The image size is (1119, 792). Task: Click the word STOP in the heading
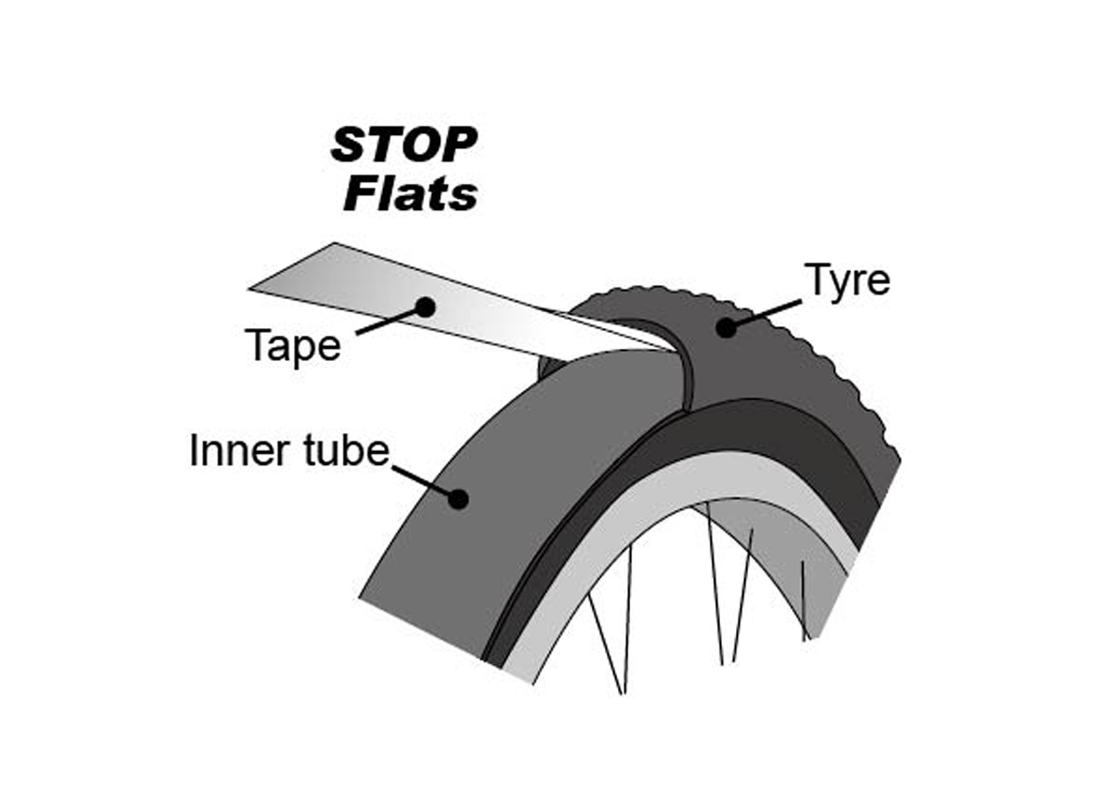point(403,145)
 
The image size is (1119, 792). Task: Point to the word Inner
point(237,451)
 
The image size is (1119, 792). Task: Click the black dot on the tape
point(425,307)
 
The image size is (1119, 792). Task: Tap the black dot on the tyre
point(727,328)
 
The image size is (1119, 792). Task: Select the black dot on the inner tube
point(458,499)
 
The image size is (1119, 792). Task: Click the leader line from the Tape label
point(388,322)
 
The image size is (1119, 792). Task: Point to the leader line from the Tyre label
point(765,314)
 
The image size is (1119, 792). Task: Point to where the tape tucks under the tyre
point(668,347)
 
